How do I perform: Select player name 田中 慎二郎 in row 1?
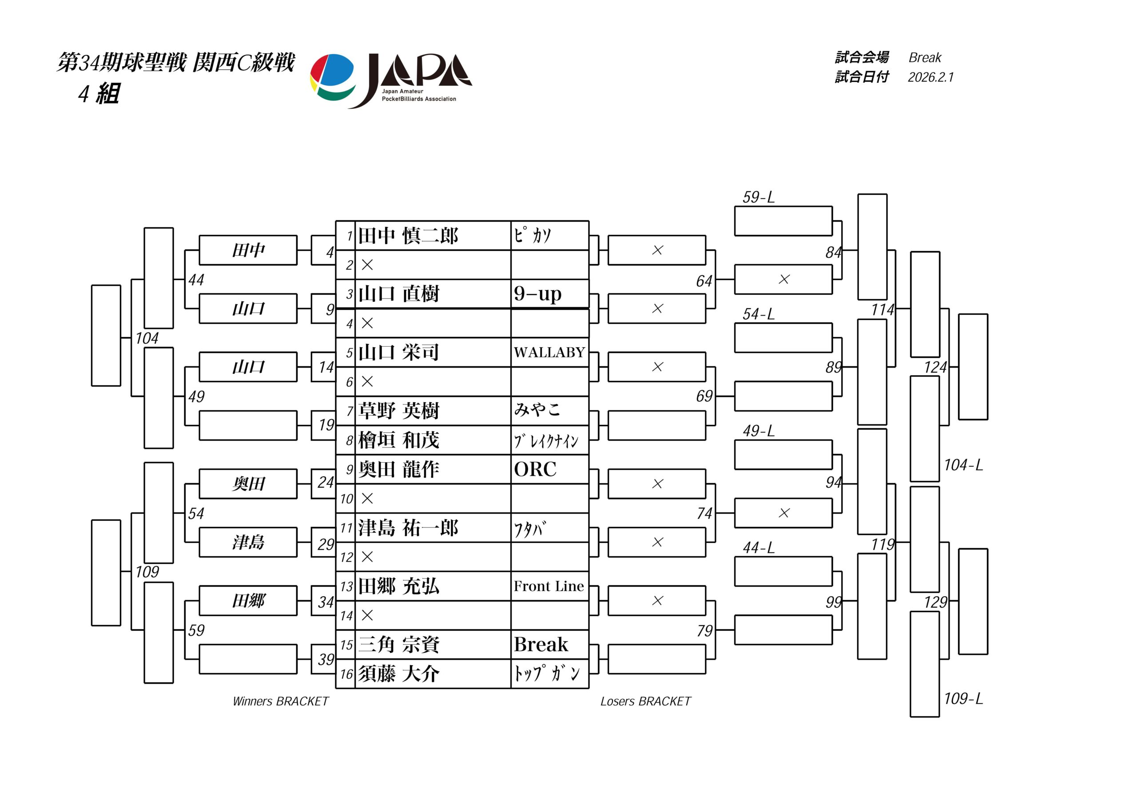click(408, 236)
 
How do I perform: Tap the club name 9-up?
click(537, 294)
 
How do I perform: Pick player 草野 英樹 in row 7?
click(399, 411)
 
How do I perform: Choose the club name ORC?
click(535, 469)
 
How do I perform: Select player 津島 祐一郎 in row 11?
click(408, 528)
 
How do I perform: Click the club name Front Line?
click(549, 586)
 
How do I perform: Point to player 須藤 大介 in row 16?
click(399, 674)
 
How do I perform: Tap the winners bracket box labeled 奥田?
click(248, 483)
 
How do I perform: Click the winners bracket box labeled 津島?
click(248, 542)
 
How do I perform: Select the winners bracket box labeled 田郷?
click(248, 601)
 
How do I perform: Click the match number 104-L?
click(963, 465)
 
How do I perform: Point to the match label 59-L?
click(758, 198)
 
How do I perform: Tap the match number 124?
click(935, 367)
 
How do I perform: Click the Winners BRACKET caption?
click(280, 701)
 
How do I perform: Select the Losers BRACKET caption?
click(645, 701)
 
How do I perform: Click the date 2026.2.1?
click(930, 77)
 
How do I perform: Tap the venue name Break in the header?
click(925, 58)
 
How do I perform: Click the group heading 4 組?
click(99, 94)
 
